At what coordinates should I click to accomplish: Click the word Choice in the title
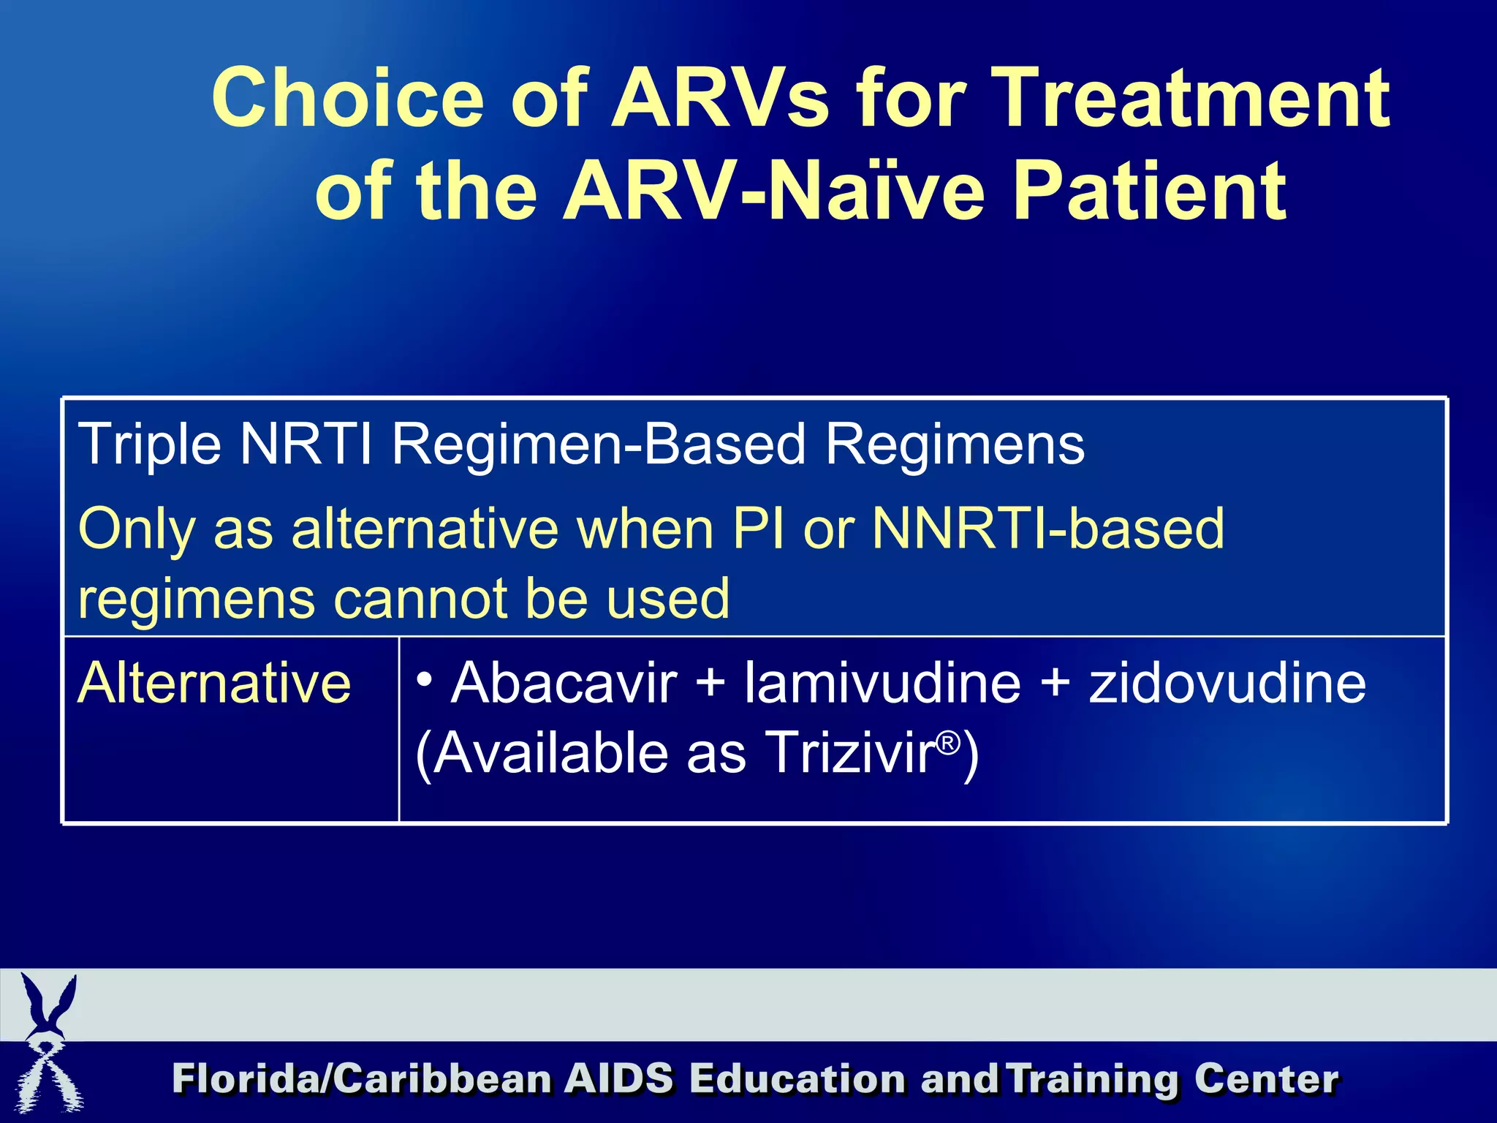pos(348,99)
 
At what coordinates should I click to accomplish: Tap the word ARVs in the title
pos(720,99)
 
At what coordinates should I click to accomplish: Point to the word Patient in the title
pos(1151,192)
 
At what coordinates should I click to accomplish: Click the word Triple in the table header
pos(150,445)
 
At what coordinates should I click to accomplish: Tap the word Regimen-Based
pos(599,445)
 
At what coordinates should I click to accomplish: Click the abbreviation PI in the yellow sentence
pos(760,528)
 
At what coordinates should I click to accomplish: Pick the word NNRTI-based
pos(1048,528)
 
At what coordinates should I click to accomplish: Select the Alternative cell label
pos(214,683)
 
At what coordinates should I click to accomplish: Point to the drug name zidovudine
pos(1227,683)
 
